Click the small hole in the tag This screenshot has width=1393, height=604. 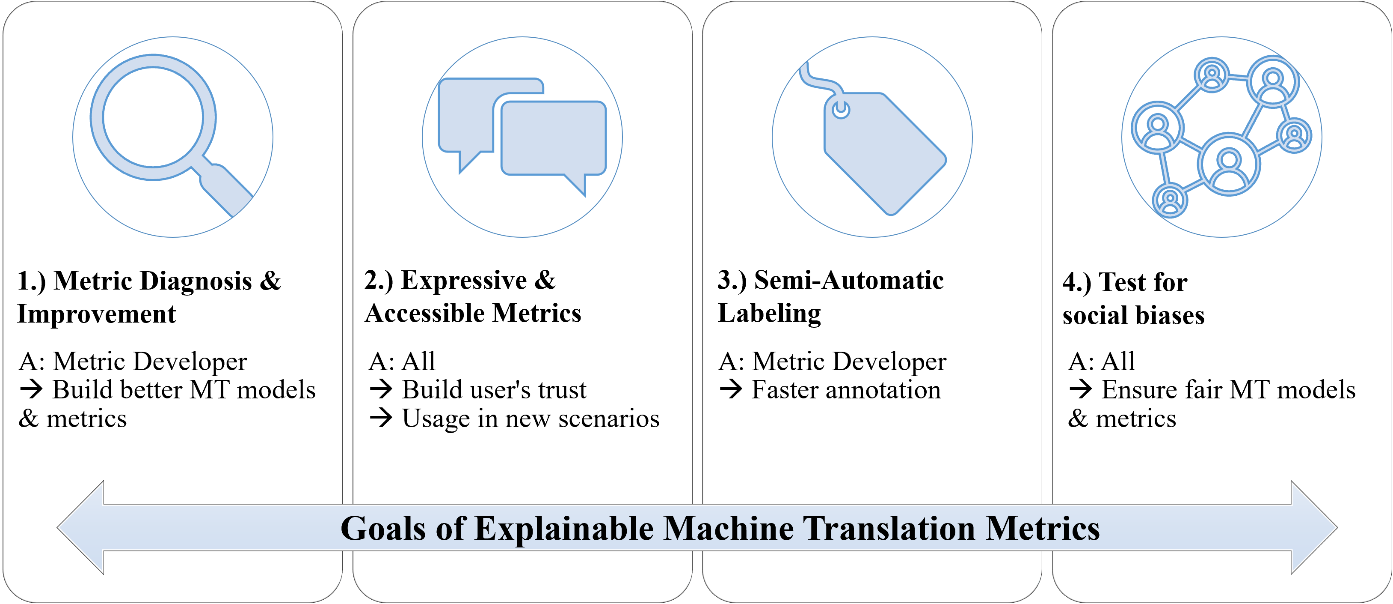841,109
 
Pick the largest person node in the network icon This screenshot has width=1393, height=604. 1229,164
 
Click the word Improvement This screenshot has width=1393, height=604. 96,314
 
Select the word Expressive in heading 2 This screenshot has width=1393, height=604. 464,280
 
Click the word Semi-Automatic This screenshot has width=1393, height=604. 848,280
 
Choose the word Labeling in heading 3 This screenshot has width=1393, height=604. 769,314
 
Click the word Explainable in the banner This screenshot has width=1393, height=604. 564,529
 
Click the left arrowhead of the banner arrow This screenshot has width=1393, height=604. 81,528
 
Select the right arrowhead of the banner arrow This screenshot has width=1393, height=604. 1314,528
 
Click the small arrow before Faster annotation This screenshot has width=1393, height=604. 731,390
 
